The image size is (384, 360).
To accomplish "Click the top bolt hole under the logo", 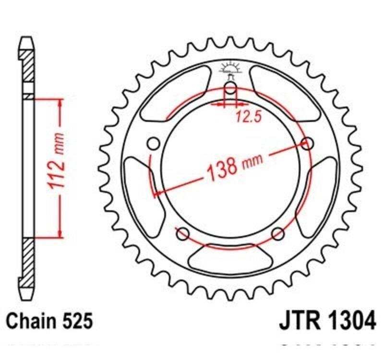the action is (230, 88).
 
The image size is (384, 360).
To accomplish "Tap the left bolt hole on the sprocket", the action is (154, 144).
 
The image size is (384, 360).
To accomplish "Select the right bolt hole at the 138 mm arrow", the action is (307, 143).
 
